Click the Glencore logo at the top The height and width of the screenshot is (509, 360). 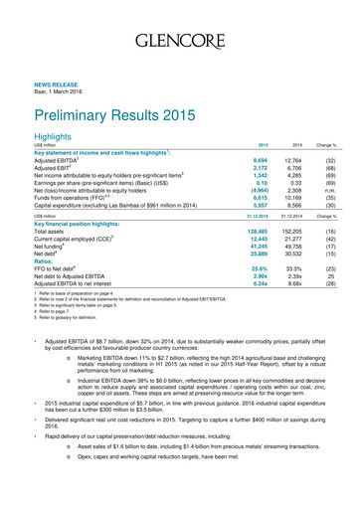tap(179, 41)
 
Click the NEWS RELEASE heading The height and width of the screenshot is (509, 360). tap(61, 86)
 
